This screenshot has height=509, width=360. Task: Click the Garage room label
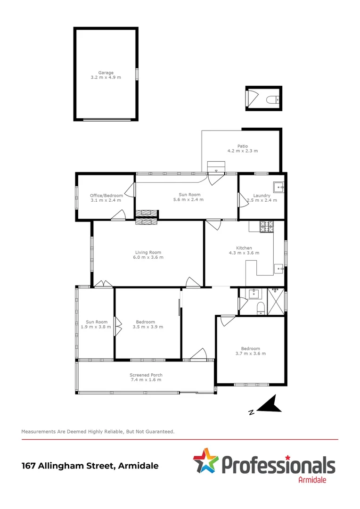[106, 73]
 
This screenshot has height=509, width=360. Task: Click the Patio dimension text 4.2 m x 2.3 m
[242, 151]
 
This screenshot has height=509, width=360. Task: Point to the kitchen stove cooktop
[267, 227]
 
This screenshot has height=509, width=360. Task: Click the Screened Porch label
[146, 375]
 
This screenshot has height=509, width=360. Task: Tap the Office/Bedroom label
[106, 196]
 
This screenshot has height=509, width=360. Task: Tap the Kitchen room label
[244, 248]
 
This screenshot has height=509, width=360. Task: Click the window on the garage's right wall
[138, 74]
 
